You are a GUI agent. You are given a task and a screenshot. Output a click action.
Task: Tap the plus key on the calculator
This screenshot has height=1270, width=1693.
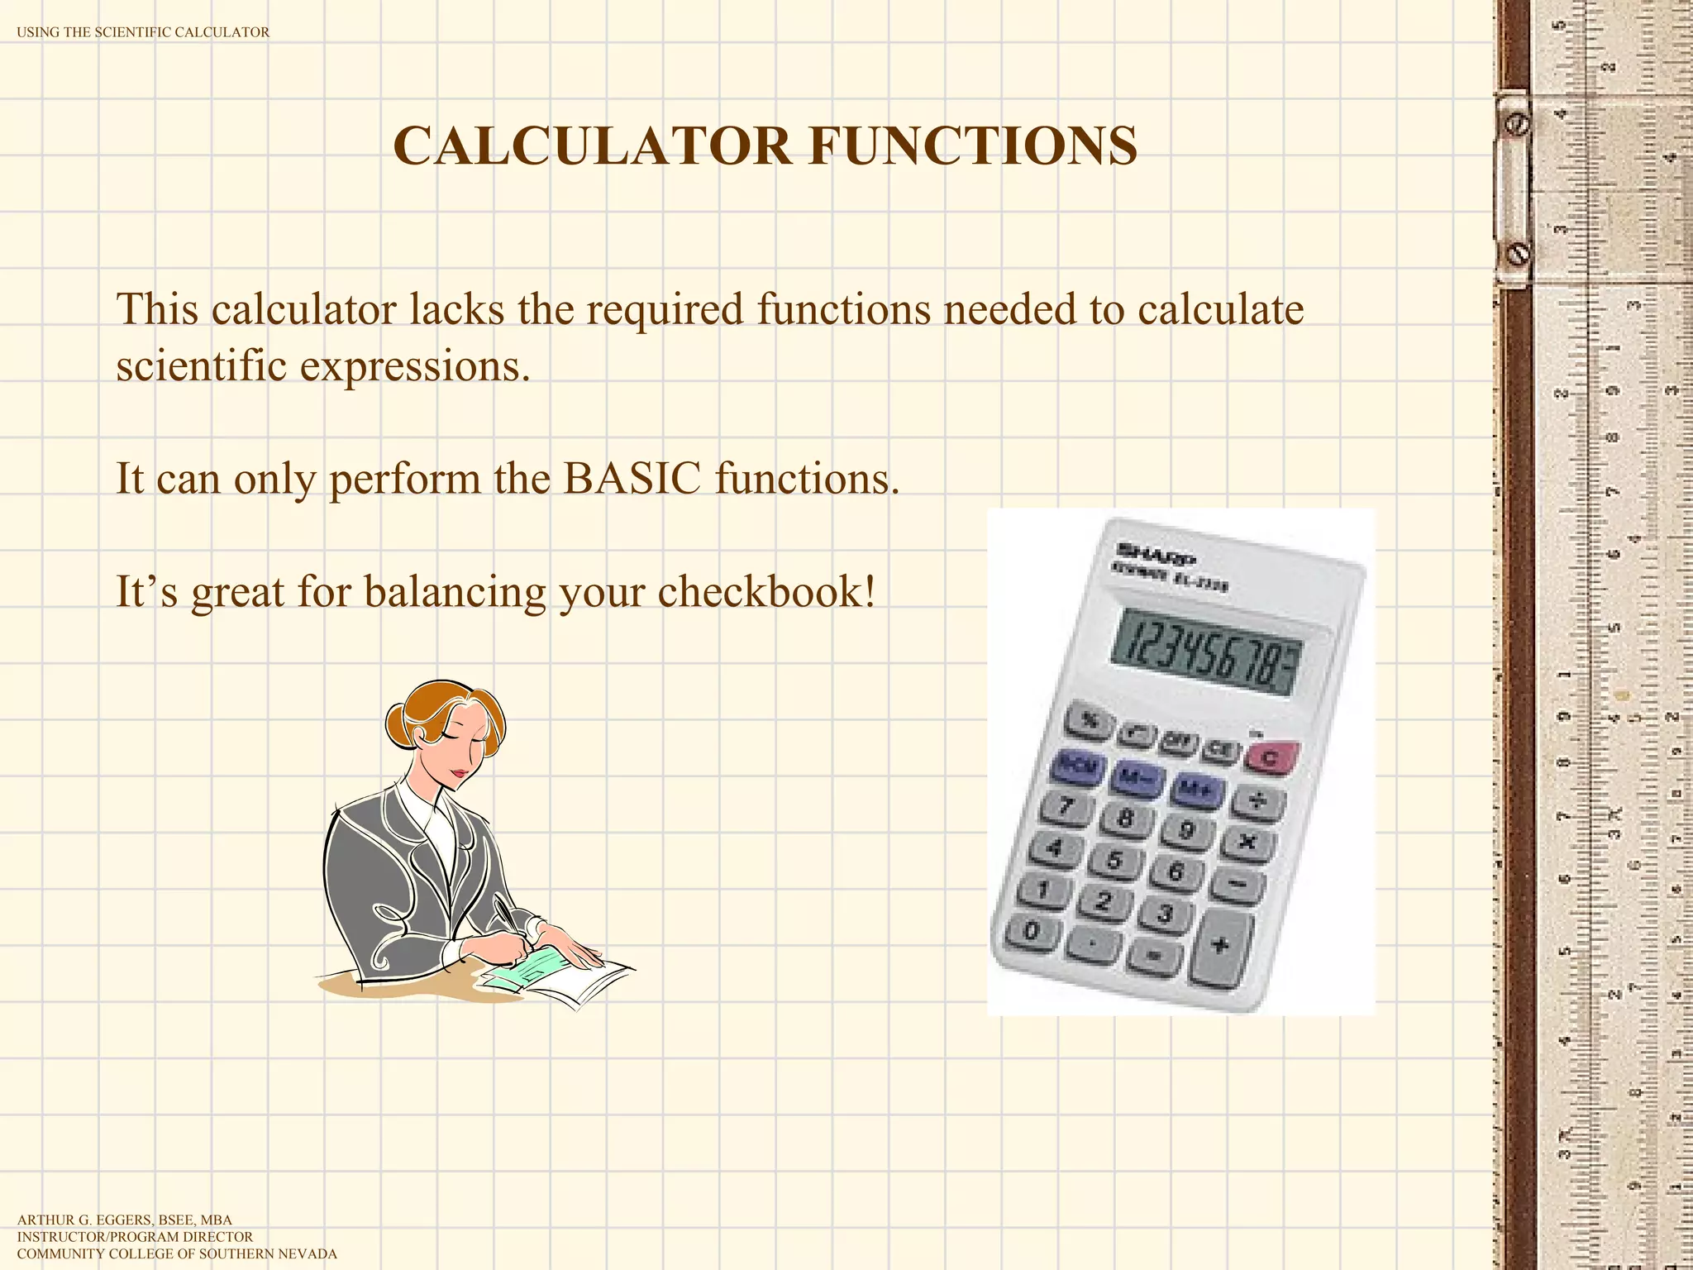point(1219,945)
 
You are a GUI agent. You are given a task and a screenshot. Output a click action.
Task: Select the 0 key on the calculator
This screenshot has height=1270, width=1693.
point(1032,931)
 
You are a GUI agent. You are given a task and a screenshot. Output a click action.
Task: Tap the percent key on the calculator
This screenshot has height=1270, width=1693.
point(1091,721)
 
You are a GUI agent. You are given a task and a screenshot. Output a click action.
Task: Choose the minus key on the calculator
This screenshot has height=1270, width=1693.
point(1238,885)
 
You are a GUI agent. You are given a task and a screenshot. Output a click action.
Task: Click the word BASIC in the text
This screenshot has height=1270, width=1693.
point(631,479)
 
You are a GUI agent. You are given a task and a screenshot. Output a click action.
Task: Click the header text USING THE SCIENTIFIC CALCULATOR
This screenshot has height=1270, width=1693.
point(143,32)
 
